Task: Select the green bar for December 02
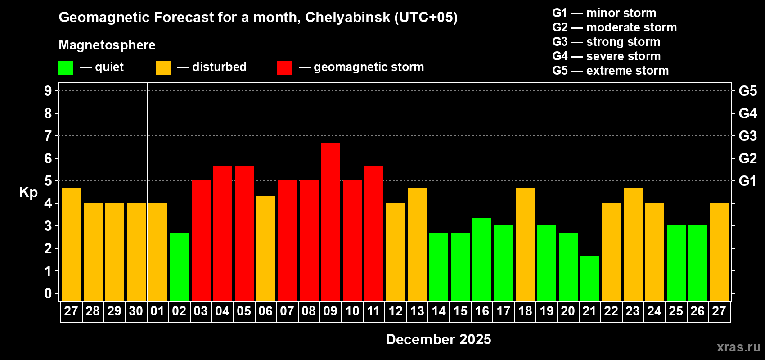point(179,266)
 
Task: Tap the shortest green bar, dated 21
point(589,278)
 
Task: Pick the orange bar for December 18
point(525,244)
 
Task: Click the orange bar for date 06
point(265,248)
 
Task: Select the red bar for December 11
point(373,233)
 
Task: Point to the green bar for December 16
point(481,259)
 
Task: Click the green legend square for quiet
point(66,68)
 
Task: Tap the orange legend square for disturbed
point(163,68)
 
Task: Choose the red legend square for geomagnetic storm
point(284,68)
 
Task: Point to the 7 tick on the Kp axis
point(48,136)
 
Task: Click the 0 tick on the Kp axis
point(48,294)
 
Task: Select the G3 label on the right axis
point(747,136)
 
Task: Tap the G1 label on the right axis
point(747,181)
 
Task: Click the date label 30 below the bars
point(136,311)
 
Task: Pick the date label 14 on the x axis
point(438,311)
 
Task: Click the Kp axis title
point(28,193)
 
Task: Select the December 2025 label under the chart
point(438,339)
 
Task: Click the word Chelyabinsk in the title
point(347,18)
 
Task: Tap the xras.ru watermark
point(738,347)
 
